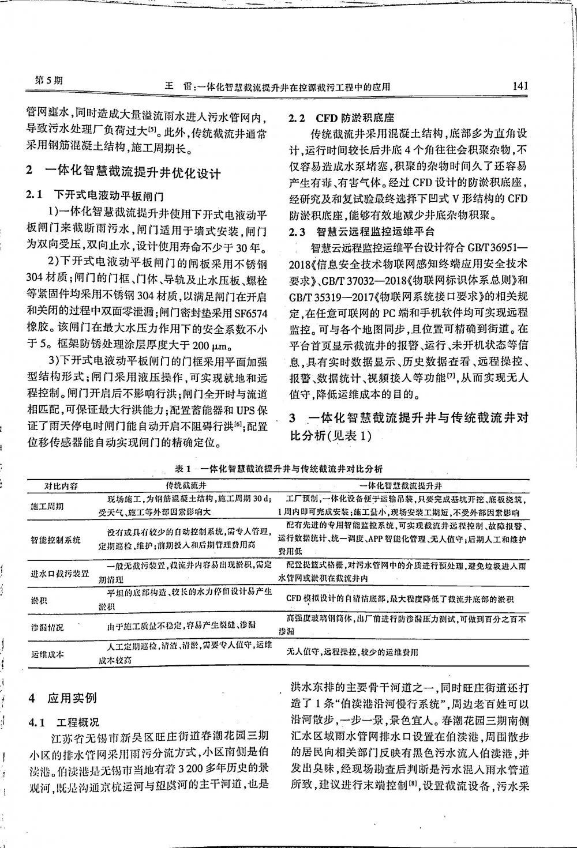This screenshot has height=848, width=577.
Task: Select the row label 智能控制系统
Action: pyautogui.click(x=55, y=540)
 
